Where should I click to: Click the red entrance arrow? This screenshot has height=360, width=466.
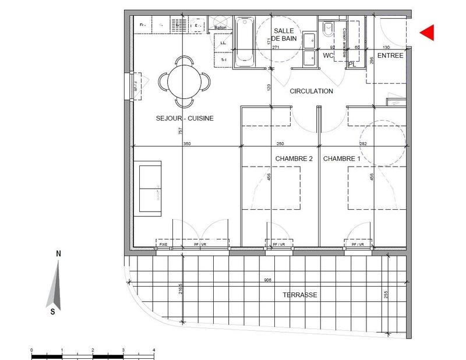(427, 33)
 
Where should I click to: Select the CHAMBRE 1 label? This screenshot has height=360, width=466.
(342, 158)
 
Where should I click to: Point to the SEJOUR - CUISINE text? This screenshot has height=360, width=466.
(185, 118)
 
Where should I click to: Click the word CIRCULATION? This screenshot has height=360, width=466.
(311, 91)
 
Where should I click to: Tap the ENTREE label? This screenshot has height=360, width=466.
(391, 56)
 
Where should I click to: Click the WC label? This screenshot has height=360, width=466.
(328, 56)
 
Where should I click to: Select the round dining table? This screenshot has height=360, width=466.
(185, 81)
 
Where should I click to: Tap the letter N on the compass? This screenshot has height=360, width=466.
(58, 254)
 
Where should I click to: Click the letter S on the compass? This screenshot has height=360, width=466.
(53, 311)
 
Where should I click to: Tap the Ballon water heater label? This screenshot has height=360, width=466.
(220, 27)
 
